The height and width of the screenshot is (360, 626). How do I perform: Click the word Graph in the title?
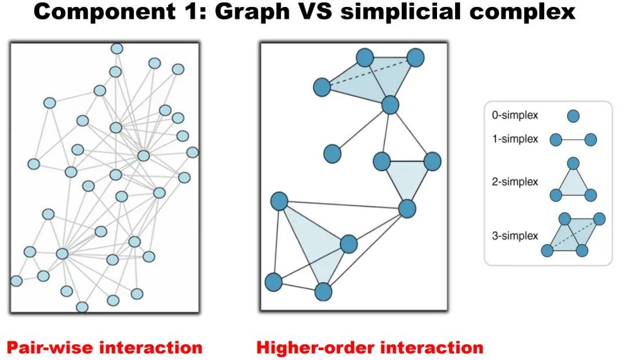[252, 12]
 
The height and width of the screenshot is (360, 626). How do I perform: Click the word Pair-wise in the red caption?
[50, 347]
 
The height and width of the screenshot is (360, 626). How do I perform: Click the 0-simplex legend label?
[515, 115]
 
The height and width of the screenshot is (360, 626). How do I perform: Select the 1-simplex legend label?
[515, 139]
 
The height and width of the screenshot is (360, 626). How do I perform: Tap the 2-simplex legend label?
[515, 181]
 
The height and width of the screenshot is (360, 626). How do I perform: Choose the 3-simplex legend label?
[515, 236]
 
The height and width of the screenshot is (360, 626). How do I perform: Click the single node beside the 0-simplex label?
[573, 116]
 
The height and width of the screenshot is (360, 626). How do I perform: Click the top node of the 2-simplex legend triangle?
[573, 163]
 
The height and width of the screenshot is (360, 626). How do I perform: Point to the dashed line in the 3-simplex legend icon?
[573, 235]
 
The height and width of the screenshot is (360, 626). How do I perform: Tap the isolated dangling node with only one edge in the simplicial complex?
[332, 154]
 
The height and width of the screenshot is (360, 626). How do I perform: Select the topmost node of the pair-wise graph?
[117, 49]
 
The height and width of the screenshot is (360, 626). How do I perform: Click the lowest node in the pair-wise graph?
[82, 307]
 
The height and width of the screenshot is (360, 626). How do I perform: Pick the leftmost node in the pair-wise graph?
[16, 281]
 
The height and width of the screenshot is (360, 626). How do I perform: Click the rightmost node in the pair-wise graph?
[192, 152]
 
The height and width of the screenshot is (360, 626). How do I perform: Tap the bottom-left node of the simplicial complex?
[274, 282]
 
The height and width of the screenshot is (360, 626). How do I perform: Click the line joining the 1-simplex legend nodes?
[573, 140]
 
